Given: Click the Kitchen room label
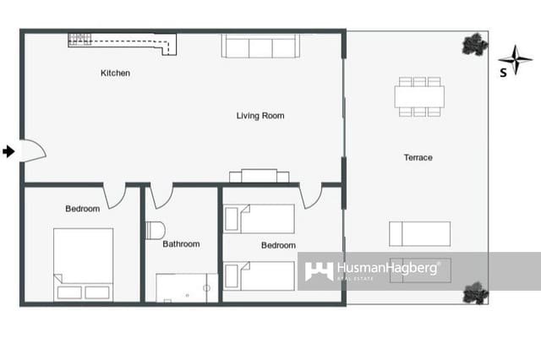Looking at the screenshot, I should tap(115, 74).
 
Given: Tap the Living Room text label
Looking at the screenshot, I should tap(260, 116).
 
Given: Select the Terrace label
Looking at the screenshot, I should tap(418, 158).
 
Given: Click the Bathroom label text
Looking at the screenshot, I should tap(181, 244).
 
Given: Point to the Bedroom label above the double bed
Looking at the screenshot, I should tap(82, 209).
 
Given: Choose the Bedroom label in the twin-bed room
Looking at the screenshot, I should tap(278, 245).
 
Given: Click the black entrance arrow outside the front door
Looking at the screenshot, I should tap(8, 151).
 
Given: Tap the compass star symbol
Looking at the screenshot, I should tap(515, 60).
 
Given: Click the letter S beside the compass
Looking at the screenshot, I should tap(503, 73).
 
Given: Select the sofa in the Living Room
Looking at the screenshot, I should tap(260, 46).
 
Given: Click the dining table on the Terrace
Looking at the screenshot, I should tap(418, 96).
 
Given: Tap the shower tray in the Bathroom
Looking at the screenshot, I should tap(186, 287).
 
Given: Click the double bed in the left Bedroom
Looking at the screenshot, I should tap(83, 264).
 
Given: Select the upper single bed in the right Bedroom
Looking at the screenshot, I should tap(260, 219).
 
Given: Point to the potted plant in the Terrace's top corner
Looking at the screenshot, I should tap(474, 44).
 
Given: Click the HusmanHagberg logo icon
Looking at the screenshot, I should tap(319, 271).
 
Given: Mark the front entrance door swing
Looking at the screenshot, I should tap(32, 151).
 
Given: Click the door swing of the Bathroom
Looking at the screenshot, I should tap(162, 196).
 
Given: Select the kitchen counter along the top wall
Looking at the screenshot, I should tap(123, 40).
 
